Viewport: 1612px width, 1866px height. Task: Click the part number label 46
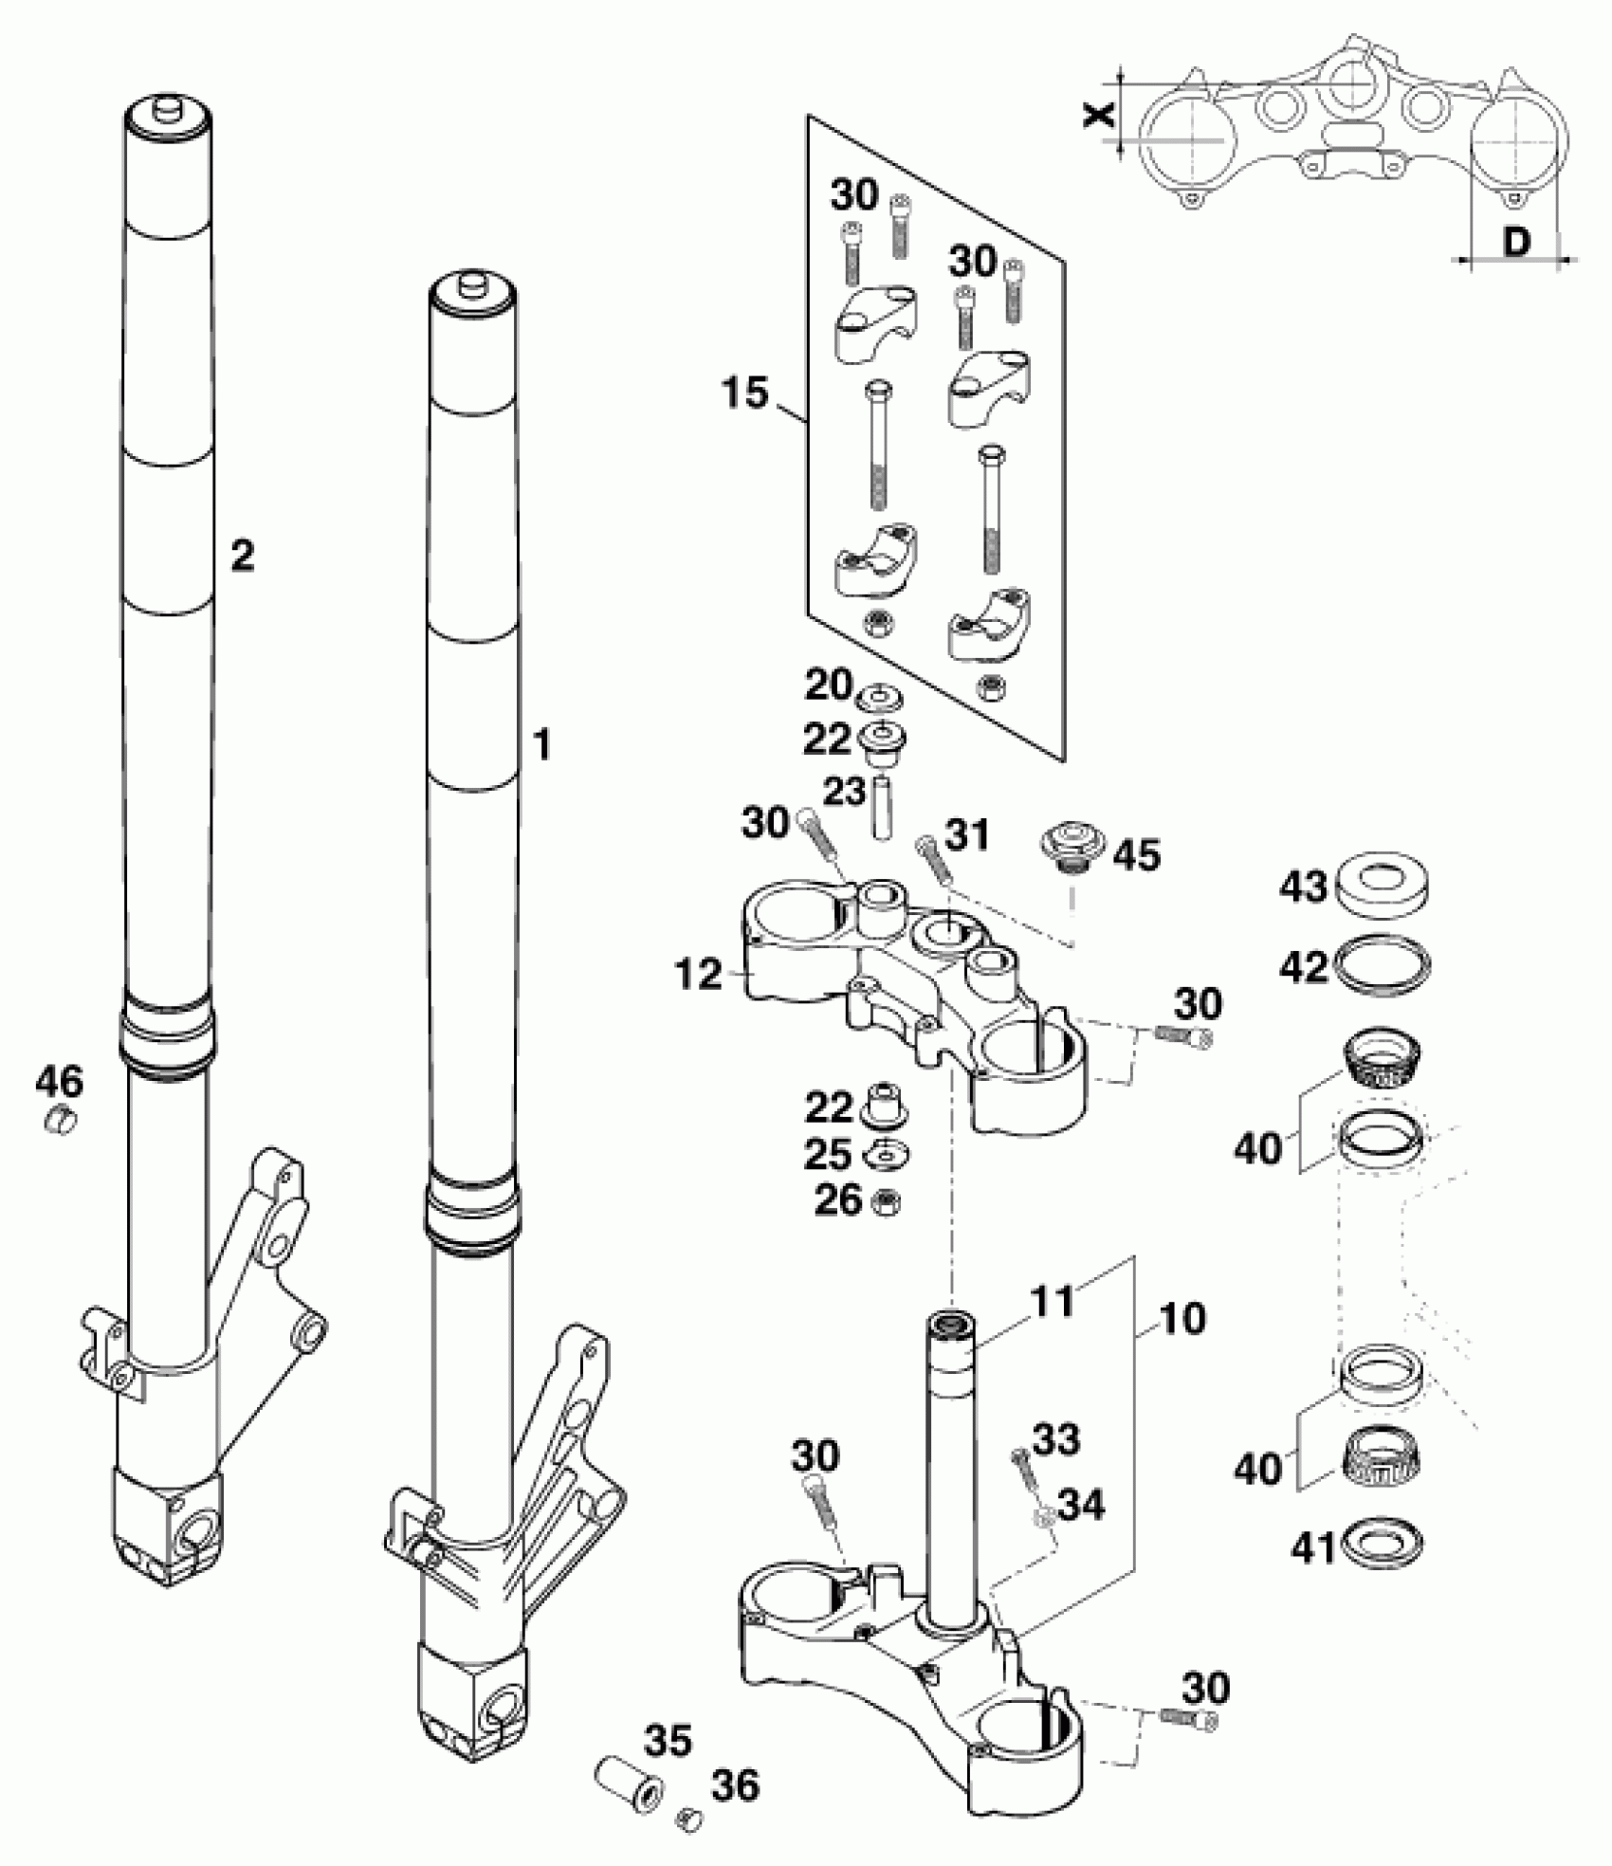pos(60,1080)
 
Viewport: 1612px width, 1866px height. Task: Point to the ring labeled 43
pos(1382,890)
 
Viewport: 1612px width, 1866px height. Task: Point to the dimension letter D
pos(1517,244)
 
